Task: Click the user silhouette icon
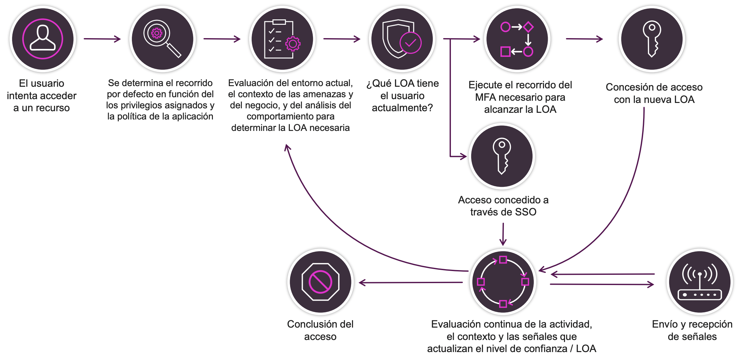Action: click(43, 39)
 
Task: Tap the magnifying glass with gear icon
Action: click(162, 39)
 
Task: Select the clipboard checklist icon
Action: click(282, 39)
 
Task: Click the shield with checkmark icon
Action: click(402, 39)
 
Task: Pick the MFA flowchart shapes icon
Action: click(517, 39)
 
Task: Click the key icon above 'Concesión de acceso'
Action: click(652, 39)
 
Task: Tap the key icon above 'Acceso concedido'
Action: click(502, 156)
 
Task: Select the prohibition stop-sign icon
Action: click(320, 282)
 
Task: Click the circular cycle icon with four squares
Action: click(503, 282)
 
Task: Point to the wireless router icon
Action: click(700, 282)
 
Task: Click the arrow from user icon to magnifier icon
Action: click(102, 39)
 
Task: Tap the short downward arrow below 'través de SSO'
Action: click(503, 234)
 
